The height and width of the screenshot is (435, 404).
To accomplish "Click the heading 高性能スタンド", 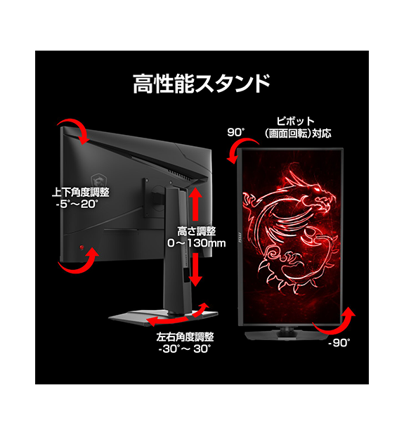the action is point(202,84).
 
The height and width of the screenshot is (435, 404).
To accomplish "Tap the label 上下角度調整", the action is point(81,193).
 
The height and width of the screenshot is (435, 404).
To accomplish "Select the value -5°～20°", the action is point(77,204).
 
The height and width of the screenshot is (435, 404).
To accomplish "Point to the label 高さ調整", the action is point(196,231).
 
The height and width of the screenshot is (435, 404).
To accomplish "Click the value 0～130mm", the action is point(196,243).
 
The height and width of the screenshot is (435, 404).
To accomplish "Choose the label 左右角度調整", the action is point(185,337).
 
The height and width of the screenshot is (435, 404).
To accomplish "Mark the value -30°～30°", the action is point(185,349).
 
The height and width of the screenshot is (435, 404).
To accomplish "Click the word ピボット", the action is point(296,122).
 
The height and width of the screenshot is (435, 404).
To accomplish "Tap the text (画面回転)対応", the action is point(298,134).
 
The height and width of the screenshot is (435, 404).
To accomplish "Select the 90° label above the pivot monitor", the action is point(236,132).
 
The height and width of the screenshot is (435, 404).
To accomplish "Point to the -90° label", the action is point(339,343).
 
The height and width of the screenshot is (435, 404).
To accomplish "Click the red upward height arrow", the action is point(196,204).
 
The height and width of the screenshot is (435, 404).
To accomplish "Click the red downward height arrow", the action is point(196,269).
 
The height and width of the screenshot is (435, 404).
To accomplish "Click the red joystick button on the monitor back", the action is point(82,247).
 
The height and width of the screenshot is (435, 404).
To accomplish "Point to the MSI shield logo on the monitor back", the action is point(98,181).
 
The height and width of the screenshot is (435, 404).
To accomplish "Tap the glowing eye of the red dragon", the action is point(317,190).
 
